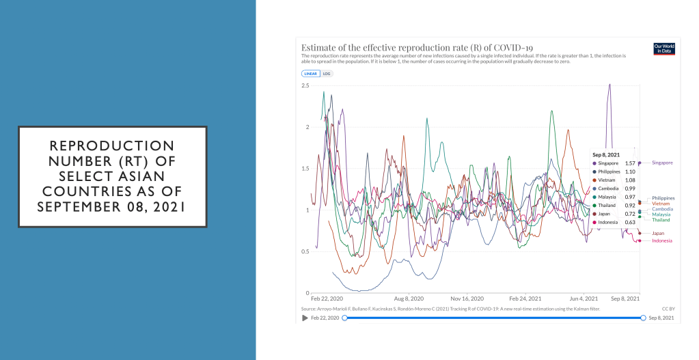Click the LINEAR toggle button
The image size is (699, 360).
pos(311,73)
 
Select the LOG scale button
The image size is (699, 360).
pos(327,73)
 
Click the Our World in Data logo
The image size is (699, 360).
pos(663,49)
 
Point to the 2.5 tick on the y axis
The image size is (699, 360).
pos(305,85)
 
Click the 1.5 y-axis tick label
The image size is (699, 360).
pos(305,169)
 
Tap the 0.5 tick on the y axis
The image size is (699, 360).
pos(305,251)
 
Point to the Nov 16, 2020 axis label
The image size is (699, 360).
pos(468,299)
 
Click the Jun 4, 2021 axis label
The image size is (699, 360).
pos(583,299)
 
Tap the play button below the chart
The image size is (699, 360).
pos(305,318)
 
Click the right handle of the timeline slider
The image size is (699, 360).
pos(643,318)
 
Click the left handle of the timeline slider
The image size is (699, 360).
pos(344,318)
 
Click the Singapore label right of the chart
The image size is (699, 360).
pos(662,163)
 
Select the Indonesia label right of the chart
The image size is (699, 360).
pos(661,240)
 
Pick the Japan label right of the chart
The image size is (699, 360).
pos(659,233)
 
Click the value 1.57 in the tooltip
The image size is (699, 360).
pos(630,163)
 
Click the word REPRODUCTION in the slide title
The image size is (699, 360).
pos(113,146)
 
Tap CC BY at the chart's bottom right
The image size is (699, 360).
pos(668,309)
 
